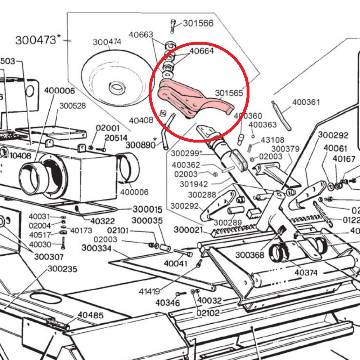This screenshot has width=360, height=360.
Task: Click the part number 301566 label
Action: click(x=198, y=23)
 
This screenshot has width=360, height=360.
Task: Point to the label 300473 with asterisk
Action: click(x=36, y=40)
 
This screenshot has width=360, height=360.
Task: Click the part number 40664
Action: click(x=201, y=51)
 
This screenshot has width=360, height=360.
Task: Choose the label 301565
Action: click(x=229, y=93)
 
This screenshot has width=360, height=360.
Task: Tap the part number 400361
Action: click(x=306, y=102)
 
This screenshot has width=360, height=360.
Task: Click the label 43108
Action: click(x=272, y=140)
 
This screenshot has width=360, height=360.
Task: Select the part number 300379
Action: click(x=285, y=149)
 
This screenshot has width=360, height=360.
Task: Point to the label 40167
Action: click(x=343, y=159)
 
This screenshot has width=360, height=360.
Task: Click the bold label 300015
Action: click(x=148, y=210)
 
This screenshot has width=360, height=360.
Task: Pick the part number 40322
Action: click(x=103, y=221)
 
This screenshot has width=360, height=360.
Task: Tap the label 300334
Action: click(x=96, y=248)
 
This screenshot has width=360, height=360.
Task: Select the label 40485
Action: click(x=90, y=315)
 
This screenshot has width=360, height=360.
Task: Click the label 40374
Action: click(x=306, y=273)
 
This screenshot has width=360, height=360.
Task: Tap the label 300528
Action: click(x=72, y=106)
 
